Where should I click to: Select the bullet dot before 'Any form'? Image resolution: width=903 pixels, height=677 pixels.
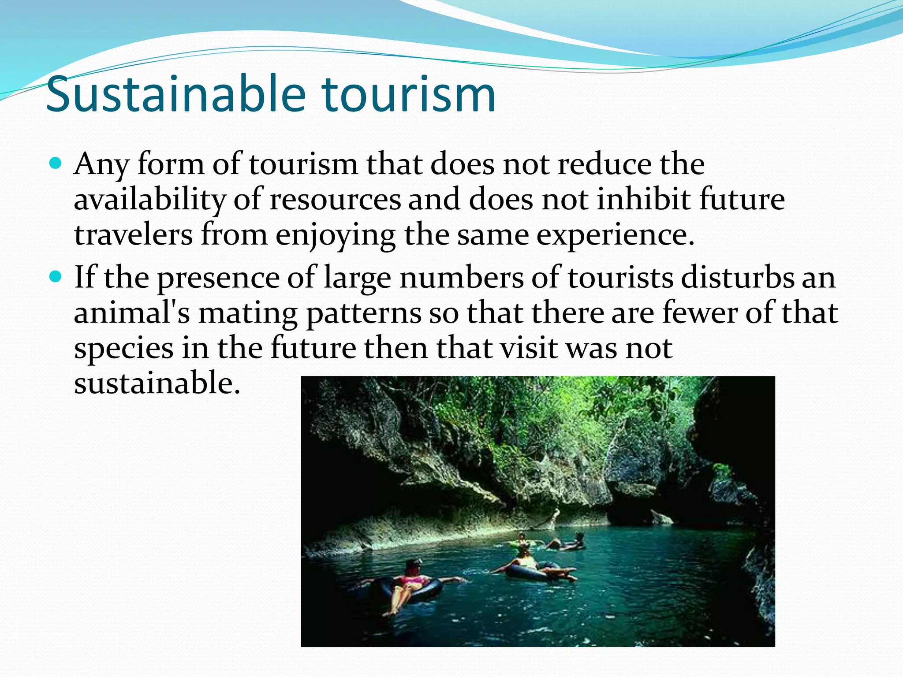coord(56,164)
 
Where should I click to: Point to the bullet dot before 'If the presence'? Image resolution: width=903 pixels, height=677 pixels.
coord(56,278)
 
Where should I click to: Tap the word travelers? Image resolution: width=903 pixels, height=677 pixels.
coord(133,234)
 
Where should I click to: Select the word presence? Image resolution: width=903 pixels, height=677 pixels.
coord(218,279)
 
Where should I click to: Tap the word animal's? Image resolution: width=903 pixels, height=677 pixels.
coord(132,313)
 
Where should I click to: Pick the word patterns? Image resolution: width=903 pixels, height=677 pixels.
coord(364,314)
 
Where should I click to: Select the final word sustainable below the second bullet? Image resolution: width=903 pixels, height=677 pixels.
coord(157,383)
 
